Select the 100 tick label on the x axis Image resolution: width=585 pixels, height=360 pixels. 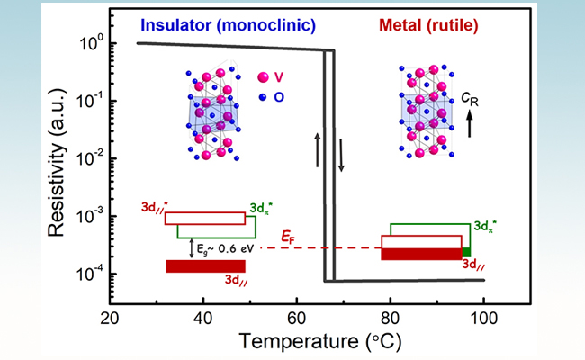click(x=484, y=317)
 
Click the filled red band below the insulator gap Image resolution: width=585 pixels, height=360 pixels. click(x=205, y=265)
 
